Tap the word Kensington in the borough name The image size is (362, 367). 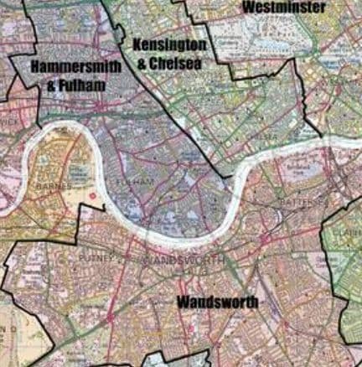(x=170, y=44)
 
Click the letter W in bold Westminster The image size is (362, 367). (x=248, y=8)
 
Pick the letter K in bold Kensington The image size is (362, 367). (x=137, y=44)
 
